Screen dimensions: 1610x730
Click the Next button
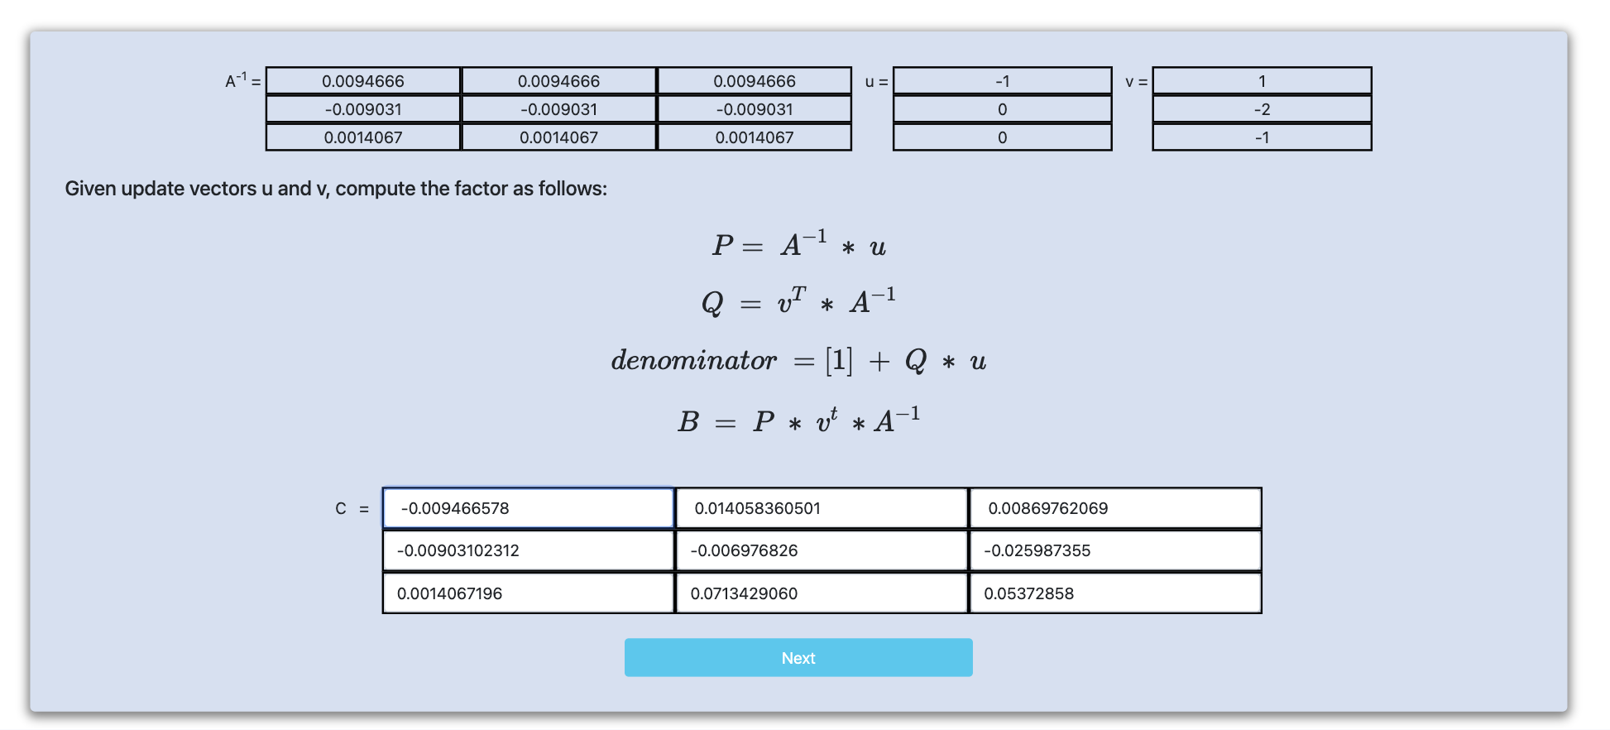pyautogui.click(x=798, y=657)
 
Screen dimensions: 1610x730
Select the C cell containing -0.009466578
pyautogui.click(x=528, y=508)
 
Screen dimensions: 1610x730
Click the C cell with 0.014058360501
pyautogui.click(x=822, y=508)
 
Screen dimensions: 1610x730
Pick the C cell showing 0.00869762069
pyautogui.click(x=1115, y=508)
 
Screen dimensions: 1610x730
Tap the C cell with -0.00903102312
pyautogui.click(x=528, y=550)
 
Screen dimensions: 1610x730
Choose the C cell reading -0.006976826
pyautogui.click(x=822, y=550)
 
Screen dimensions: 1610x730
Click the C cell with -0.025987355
pyautogui.click(x=1115, y=550)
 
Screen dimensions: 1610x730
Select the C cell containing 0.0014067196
pyautogui.click(x=528, y=593)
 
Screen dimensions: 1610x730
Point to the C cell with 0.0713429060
pyautogui.click(x=822, y=593)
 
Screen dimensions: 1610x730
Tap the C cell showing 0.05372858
pyautogui.click(x=1115, y=593)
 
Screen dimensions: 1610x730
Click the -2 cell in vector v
pyautogui.click(x=1262, y=109)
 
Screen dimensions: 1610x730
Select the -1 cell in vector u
pyautogui.click(x=1002, y=81)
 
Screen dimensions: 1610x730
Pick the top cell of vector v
pyautogui.click(x=1262, y=81)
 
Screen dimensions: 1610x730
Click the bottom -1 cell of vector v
pyautogui.click(x=1262, y=137)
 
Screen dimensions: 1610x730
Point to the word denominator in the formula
pyautogui.click(x=693, y=360)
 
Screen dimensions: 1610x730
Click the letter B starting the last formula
pyautogui.click(x=688, y=422)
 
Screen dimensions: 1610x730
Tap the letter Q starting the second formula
pyautogui.click(x=712, y=303)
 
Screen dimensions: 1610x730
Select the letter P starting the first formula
pyautogui.click(x=722, y=245)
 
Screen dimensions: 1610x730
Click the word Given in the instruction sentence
pyautogui.click(x=91, y=189)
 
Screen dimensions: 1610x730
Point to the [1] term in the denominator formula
pyautogui.click(x=838, y=360)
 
